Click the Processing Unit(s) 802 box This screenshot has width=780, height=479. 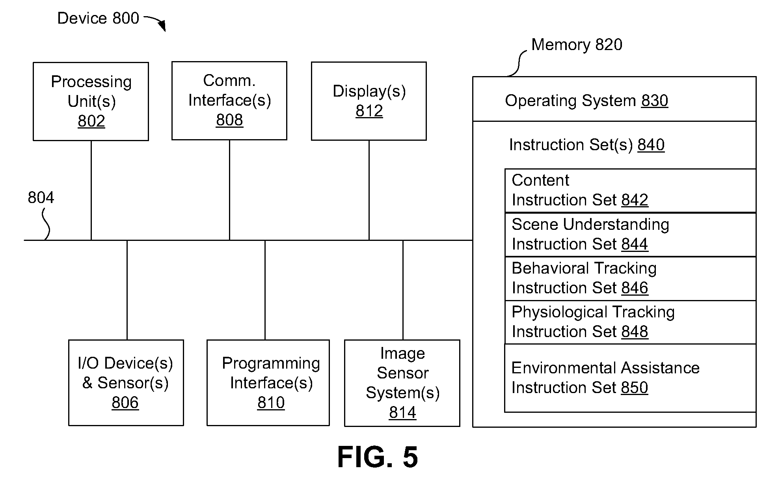click(91, 101)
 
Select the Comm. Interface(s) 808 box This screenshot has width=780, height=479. click(229, 101)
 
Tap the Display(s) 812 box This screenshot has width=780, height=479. click(369, 101)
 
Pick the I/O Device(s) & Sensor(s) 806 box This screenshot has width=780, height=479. click(126, 383)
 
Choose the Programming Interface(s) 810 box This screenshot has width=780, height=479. click(268, 383)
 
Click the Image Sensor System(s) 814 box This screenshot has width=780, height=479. click(402, 383)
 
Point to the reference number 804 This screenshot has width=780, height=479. click(41, 198)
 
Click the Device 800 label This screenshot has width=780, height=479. click(98, 18)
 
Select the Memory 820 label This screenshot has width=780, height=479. click(577, 45)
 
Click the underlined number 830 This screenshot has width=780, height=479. click(655, 101)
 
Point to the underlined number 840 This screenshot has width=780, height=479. click(651, 145)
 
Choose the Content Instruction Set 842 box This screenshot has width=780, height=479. click(630, 191)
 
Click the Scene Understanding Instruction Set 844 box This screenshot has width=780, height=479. click(630, 235)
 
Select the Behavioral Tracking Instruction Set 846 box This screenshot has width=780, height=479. click(630, 279)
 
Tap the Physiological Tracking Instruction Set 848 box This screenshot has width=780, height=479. click(630, 322)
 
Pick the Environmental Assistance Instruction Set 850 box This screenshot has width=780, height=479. click(630, 378)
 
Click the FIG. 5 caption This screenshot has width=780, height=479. click(378, 457)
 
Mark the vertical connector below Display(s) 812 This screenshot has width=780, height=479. click(369, 190)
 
